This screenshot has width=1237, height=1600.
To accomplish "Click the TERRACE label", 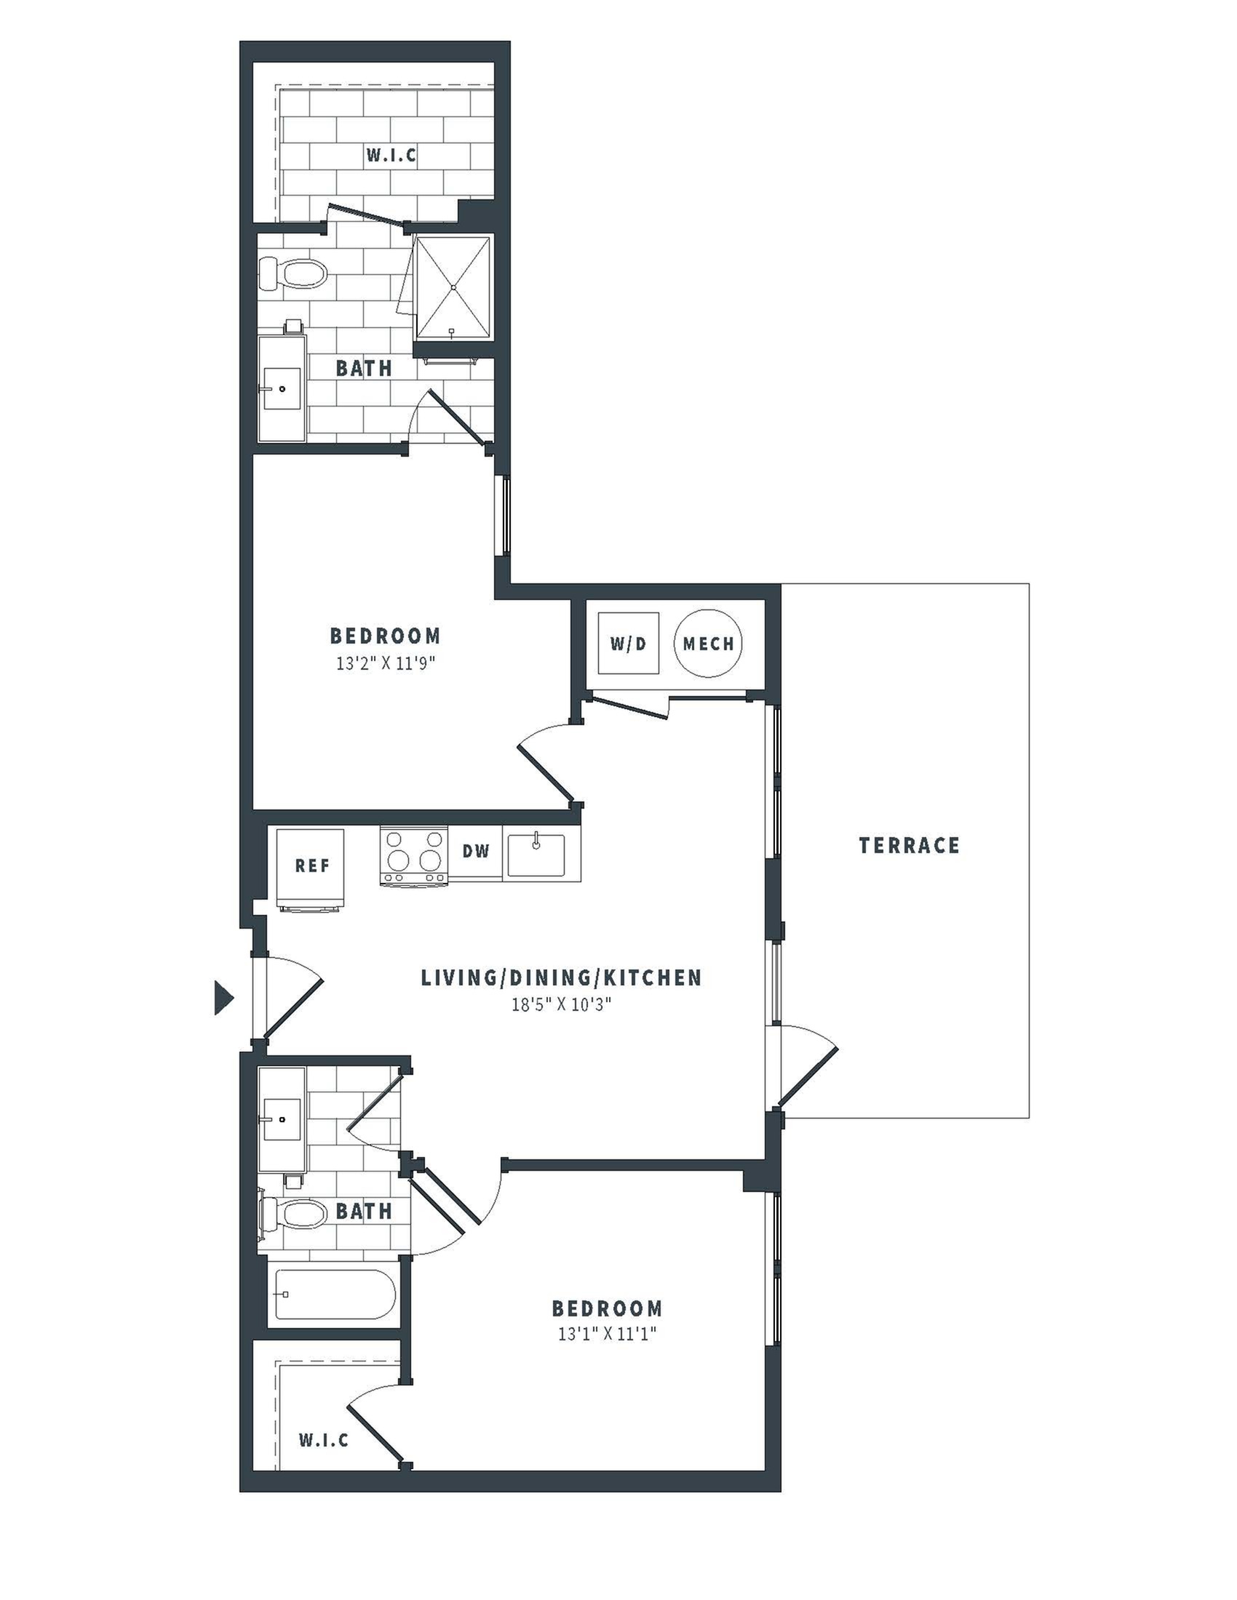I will click(x=909, y=845).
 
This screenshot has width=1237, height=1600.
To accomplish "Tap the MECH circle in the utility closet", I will click(x=708, y=643).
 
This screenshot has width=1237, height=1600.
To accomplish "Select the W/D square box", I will click(x=628, y=643).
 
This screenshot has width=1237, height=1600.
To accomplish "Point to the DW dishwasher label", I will click(x=476, y=852).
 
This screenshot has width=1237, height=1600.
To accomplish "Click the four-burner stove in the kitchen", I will click(x=414, y=856).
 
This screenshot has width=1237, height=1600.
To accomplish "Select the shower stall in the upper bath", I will click(x=453, y=288).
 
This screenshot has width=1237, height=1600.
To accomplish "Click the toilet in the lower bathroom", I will click(x=295, y=1213).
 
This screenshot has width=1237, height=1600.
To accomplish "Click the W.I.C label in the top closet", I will click(x=391, y=156).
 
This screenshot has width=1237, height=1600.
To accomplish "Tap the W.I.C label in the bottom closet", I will click(x=323, y=1440).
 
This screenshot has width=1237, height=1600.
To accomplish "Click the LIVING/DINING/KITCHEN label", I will click(x=561, y=977).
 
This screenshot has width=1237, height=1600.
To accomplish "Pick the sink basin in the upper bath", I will click(x=282, y=389).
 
